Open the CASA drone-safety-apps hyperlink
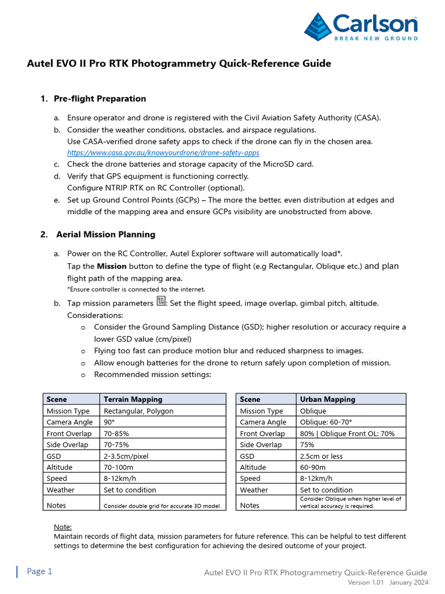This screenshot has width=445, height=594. point(163,153)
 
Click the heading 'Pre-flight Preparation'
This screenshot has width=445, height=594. point(100,99)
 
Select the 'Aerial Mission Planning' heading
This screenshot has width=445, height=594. point(105,234)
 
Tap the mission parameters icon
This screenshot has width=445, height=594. point(161,302)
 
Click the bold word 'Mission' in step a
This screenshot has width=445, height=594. point(111,266)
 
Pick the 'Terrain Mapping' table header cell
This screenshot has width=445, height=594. point(133,399)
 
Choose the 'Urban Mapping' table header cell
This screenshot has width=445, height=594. point(327,399)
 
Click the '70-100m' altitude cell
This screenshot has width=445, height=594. point(118,467)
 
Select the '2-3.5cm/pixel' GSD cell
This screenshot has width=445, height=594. point(126,456)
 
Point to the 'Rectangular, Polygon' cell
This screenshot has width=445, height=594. point(138,411)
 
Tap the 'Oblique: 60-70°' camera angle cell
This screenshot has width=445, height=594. point(326,422)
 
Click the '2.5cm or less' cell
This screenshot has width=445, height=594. point(321,456)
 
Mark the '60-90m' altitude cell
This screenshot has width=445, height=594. point(312,467)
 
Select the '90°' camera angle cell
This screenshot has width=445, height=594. point(109,422)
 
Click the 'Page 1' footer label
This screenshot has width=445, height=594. point(39,571)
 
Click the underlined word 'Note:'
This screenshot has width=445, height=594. point(63,527)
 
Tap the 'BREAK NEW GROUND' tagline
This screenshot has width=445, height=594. point(375,38)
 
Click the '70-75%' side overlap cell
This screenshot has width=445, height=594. point(116,444)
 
